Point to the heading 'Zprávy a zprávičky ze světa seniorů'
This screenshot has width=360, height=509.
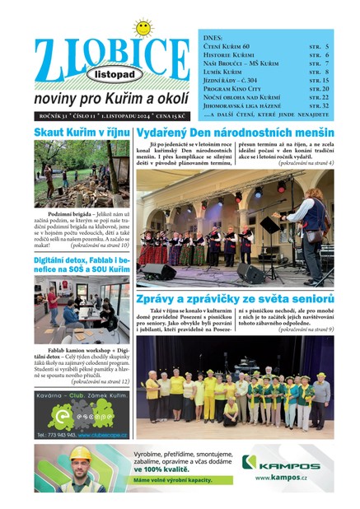(236, 298)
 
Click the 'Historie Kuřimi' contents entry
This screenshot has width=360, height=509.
(232, 55)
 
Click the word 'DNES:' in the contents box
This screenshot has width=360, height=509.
(213, 37)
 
